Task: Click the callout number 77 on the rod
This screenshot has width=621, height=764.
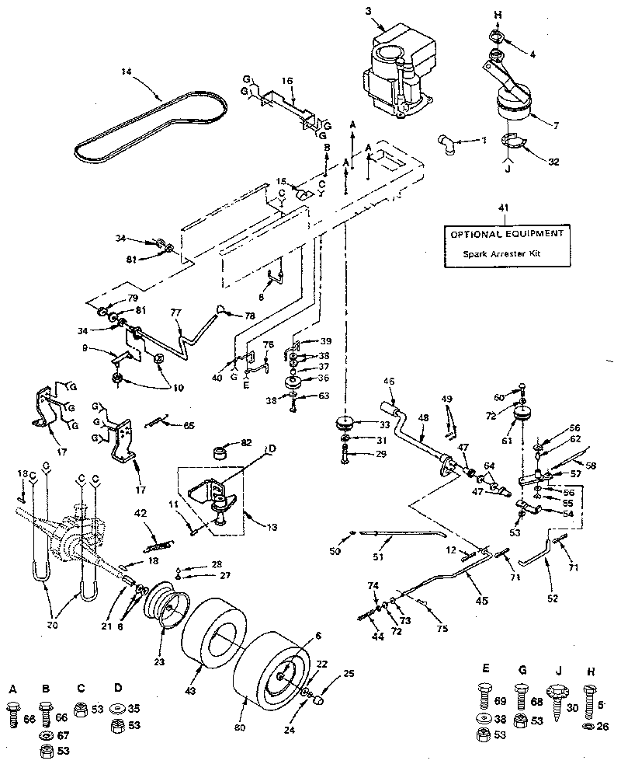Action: pyautogui.click(x=175, y=312)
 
